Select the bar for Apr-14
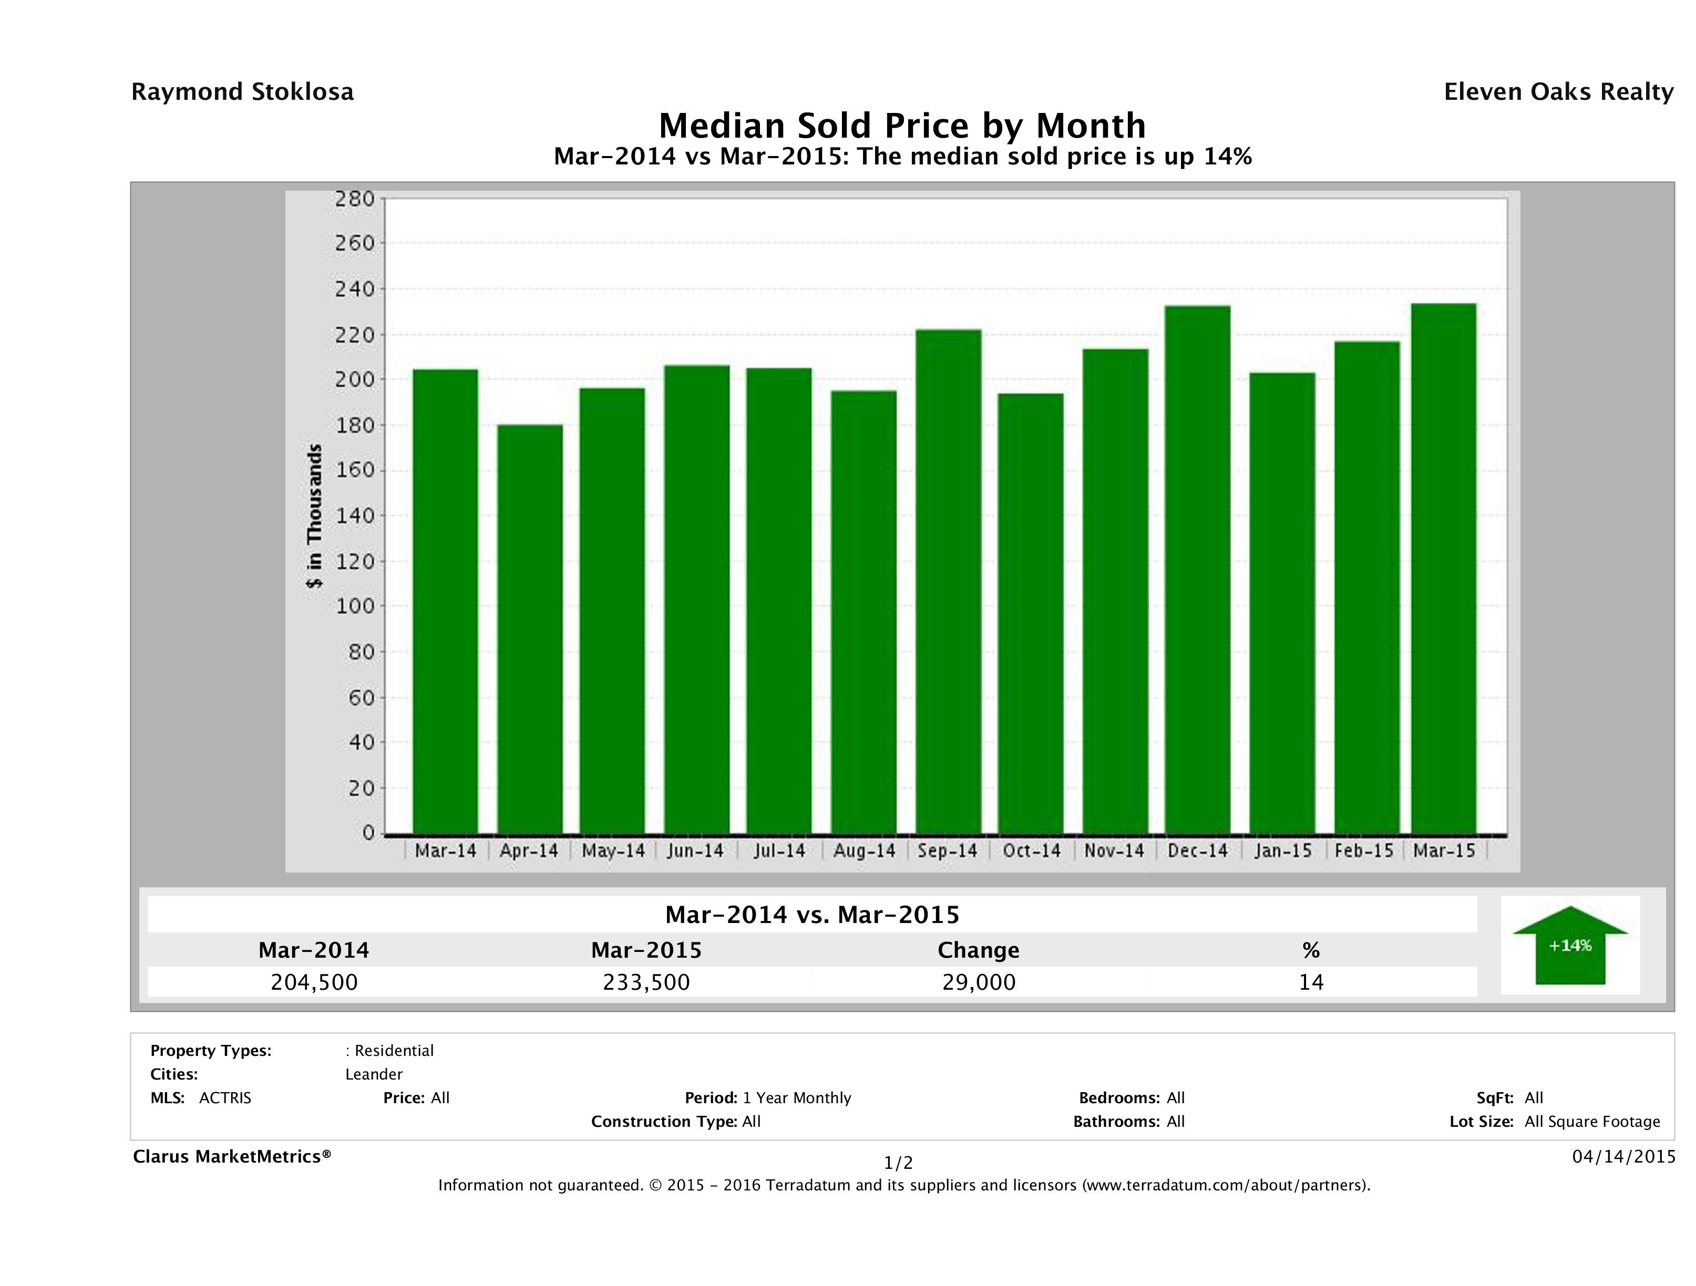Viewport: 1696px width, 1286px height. pos(530,628)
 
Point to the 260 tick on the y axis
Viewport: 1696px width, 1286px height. pos(355,244)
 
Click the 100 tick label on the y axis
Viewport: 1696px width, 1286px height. pos(355,606)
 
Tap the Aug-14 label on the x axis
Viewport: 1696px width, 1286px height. pos(864,851)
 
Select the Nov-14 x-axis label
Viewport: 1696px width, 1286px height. pos(1114,851)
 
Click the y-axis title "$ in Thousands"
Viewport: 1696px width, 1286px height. pos(314,516)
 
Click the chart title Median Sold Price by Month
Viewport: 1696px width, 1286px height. pos(902,126)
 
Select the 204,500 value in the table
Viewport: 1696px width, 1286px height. pos(314,982)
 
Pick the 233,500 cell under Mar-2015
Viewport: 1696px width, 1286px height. pos(646,982)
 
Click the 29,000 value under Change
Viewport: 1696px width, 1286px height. pos(979,982)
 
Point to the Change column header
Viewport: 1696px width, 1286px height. pos(979,950)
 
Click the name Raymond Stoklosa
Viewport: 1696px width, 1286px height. pos(242,92)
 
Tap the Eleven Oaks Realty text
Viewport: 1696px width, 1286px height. pos(1558,92)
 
